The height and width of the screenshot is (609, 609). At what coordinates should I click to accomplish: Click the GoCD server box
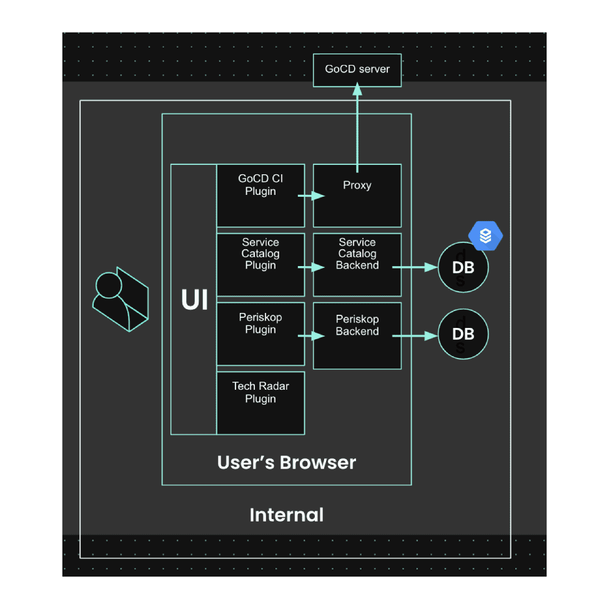point(357,71)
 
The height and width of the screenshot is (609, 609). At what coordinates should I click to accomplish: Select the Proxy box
point(357,196)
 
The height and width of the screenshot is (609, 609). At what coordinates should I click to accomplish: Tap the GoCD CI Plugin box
point(260,196)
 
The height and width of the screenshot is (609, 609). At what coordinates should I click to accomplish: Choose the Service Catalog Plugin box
point(260,264)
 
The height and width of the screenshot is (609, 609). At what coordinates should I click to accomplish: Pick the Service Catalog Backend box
point(357,264)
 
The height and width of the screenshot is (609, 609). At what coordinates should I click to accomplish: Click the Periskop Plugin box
point(260,334)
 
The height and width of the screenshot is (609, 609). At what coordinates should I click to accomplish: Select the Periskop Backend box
point(357,335)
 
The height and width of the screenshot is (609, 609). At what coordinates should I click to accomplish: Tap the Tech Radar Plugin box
point(260,403)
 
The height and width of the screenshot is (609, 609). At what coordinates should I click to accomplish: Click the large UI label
point(195,300)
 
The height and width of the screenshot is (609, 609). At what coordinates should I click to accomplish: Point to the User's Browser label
point(287,463)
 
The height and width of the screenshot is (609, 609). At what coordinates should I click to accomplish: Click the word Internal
point(287,515)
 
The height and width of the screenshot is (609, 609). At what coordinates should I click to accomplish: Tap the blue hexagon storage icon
point(485,235)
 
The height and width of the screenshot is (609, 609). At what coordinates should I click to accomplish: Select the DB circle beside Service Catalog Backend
point(463,267)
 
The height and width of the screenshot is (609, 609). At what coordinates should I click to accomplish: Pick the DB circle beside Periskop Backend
point(463,334)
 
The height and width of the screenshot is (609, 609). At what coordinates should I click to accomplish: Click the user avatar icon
point(121,299)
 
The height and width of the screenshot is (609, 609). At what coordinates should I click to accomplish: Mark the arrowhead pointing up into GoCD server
point(357,89)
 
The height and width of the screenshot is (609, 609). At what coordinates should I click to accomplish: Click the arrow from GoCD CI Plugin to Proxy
point(311,196)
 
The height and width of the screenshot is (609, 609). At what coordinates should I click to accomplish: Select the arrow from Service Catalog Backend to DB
point(415,267)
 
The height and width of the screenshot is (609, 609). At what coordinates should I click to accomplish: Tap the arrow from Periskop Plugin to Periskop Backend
point(311,335)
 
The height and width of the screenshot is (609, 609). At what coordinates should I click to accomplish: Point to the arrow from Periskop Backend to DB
point(415,335)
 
